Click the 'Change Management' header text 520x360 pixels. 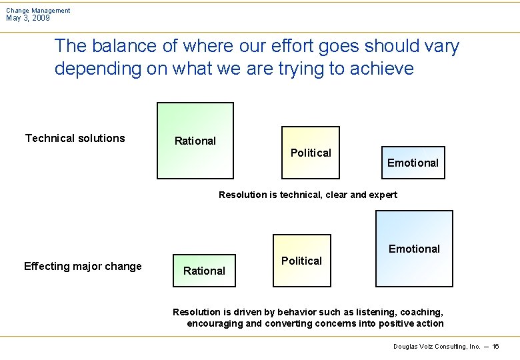38,11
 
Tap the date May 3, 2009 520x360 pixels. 28,19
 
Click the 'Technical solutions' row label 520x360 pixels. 75,139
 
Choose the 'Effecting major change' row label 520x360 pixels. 83,267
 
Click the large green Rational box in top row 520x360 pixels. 195,141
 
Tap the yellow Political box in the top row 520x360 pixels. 310,153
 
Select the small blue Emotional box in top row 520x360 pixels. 413,163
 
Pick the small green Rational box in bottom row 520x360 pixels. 204,271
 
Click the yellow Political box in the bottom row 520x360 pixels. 301,261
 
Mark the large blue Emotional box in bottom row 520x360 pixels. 414,249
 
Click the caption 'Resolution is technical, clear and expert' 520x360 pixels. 307,195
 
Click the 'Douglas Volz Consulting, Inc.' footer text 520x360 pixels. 437,347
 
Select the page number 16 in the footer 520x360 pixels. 496,347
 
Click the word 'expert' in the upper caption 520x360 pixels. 383,195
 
